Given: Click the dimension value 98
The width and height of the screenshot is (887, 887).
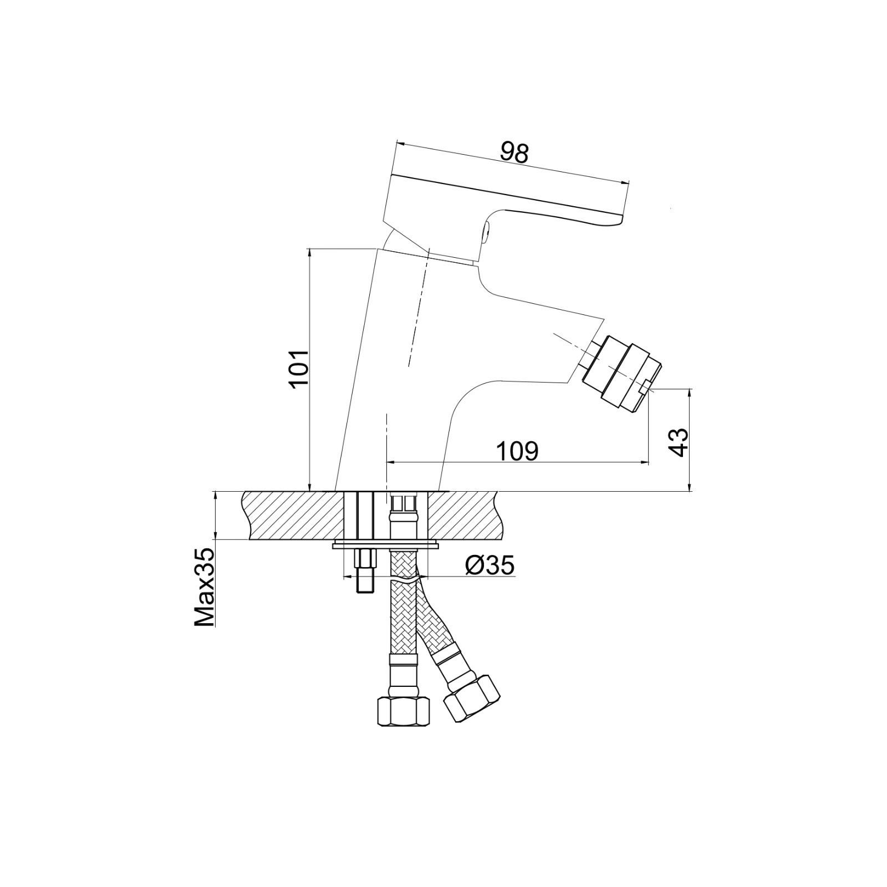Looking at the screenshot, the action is click(x=515, y=152).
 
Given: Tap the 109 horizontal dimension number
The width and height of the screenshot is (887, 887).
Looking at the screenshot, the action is click(x=517, y=451).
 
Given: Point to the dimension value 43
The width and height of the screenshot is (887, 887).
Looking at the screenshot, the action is click(x=679, y=442).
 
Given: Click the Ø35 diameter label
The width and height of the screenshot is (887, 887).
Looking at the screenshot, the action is click(x=490, y=565).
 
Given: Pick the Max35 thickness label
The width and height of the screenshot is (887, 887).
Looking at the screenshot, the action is click(x=204, y=587).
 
